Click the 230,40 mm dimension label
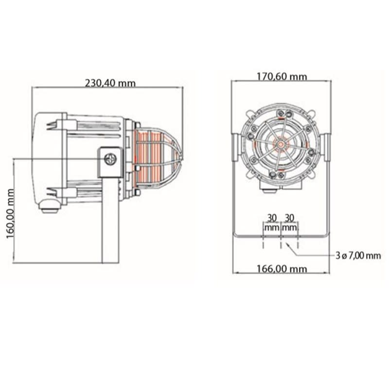point(110,83)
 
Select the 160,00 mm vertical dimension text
point(10,213)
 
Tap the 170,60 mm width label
point(282,76)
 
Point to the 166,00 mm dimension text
point(282,269)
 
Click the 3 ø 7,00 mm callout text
point(358,256)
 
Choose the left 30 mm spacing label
point(272,223)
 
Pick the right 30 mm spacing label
point(289,223)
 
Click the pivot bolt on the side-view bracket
point(110,159)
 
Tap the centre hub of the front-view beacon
point(281,144)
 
